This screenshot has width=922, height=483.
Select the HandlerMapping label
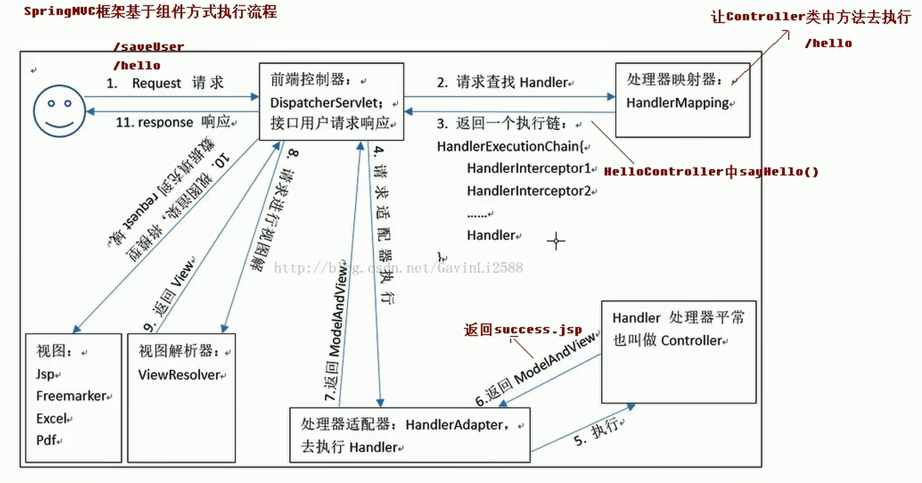677,103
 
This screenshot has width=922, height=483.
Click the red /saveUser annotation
148,47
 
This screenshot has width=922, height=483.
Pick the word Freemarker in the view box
71,396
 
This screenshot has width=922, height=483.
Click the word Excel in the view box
51,419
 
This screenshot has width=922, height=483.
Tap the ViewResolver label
179,374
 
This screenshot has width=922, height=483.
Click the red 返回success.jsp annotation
523,329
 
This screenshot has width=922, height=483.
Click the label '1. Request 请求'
165,83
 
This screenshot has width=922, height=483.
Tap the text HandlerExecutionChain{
509,147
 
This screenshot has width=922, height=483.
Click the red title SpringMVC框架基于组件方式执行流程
150,12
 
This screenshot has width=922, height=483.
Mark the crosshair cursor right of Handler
556,241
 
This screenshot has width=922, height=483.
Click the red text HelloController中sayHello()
710,171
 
